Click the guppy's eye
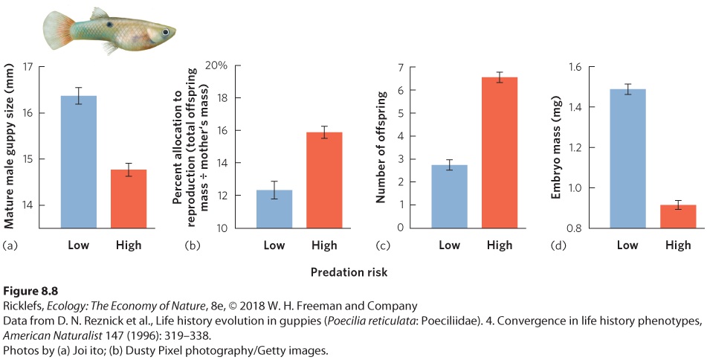(166, 32)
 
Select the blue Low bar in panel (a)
(79, 162)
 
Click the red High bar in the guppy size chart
(129, 199)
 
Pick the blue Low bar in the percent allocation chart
(274, 209)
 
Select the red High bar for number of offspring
(500, 153)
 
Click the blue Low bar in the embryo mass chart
(627, 158)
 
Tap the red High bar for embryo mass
(678, 216)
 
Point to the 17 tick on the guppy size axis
(28, 67)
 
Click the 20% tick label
(216, 66)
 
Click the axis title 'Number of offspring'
(381, 147)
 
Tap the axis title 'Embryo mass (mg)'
(555, 147)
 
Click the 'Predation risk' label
(349, 272)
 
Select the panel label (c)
(383, 246)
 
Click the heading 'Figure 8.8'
(30, 291)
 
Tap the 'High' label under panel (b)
(324, 245)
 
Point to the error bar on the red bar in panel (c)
(500, 77)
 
